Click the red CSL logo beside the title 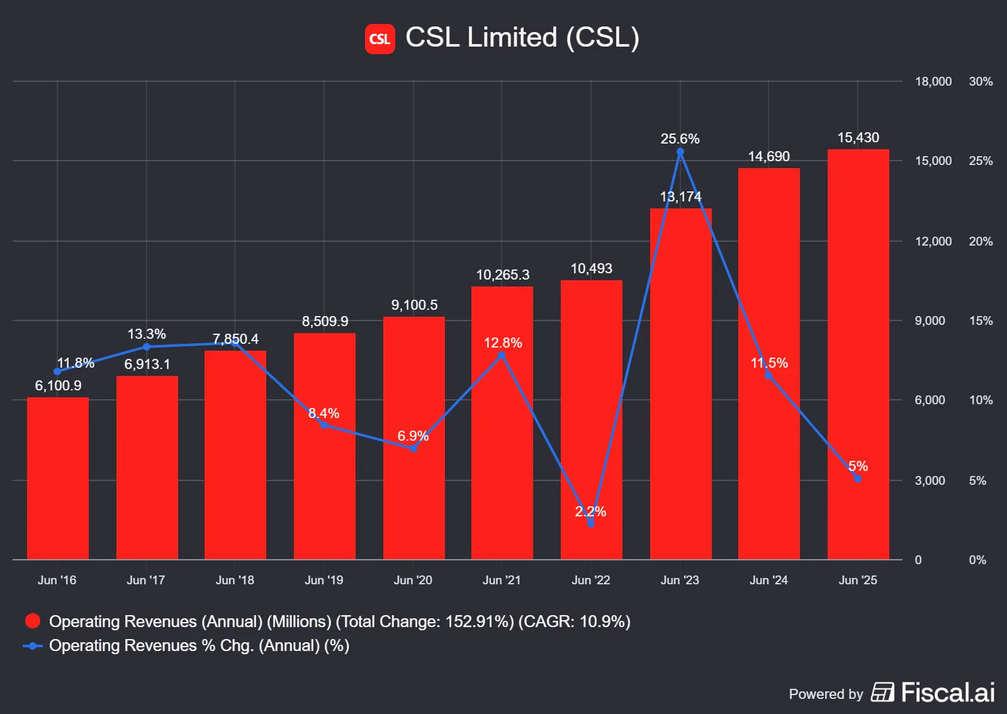(x=380, y=39)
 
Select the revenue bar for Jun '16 (x=58, y=479)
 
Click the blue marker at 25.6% (x=680, y=152)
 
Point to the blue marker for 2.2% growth (x=590, y=524)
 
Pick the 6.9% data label (x=412, y=436)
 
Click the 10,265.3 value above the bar (x=502, y=275)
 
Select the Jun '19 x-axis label (x=323, y=580)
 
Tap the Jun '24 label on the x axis (x=768, y=580)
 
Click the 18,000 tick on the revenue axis (x=933, y=81)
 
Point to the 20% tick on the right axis (x=981, y=241)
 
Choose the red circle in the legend (x=33, y=621)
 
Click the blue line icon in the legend (x=33, y=646)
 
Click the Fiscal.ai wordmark (x=947, y=693)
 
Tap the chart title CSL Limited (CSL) (x=522, y=37)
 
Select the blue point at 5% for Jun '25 (x=857, y=479)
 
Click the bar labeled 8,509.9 (x=324, y=447)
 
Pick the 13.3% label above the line (x=147, y=334)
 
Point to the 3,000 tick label (x=930, y=480)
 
